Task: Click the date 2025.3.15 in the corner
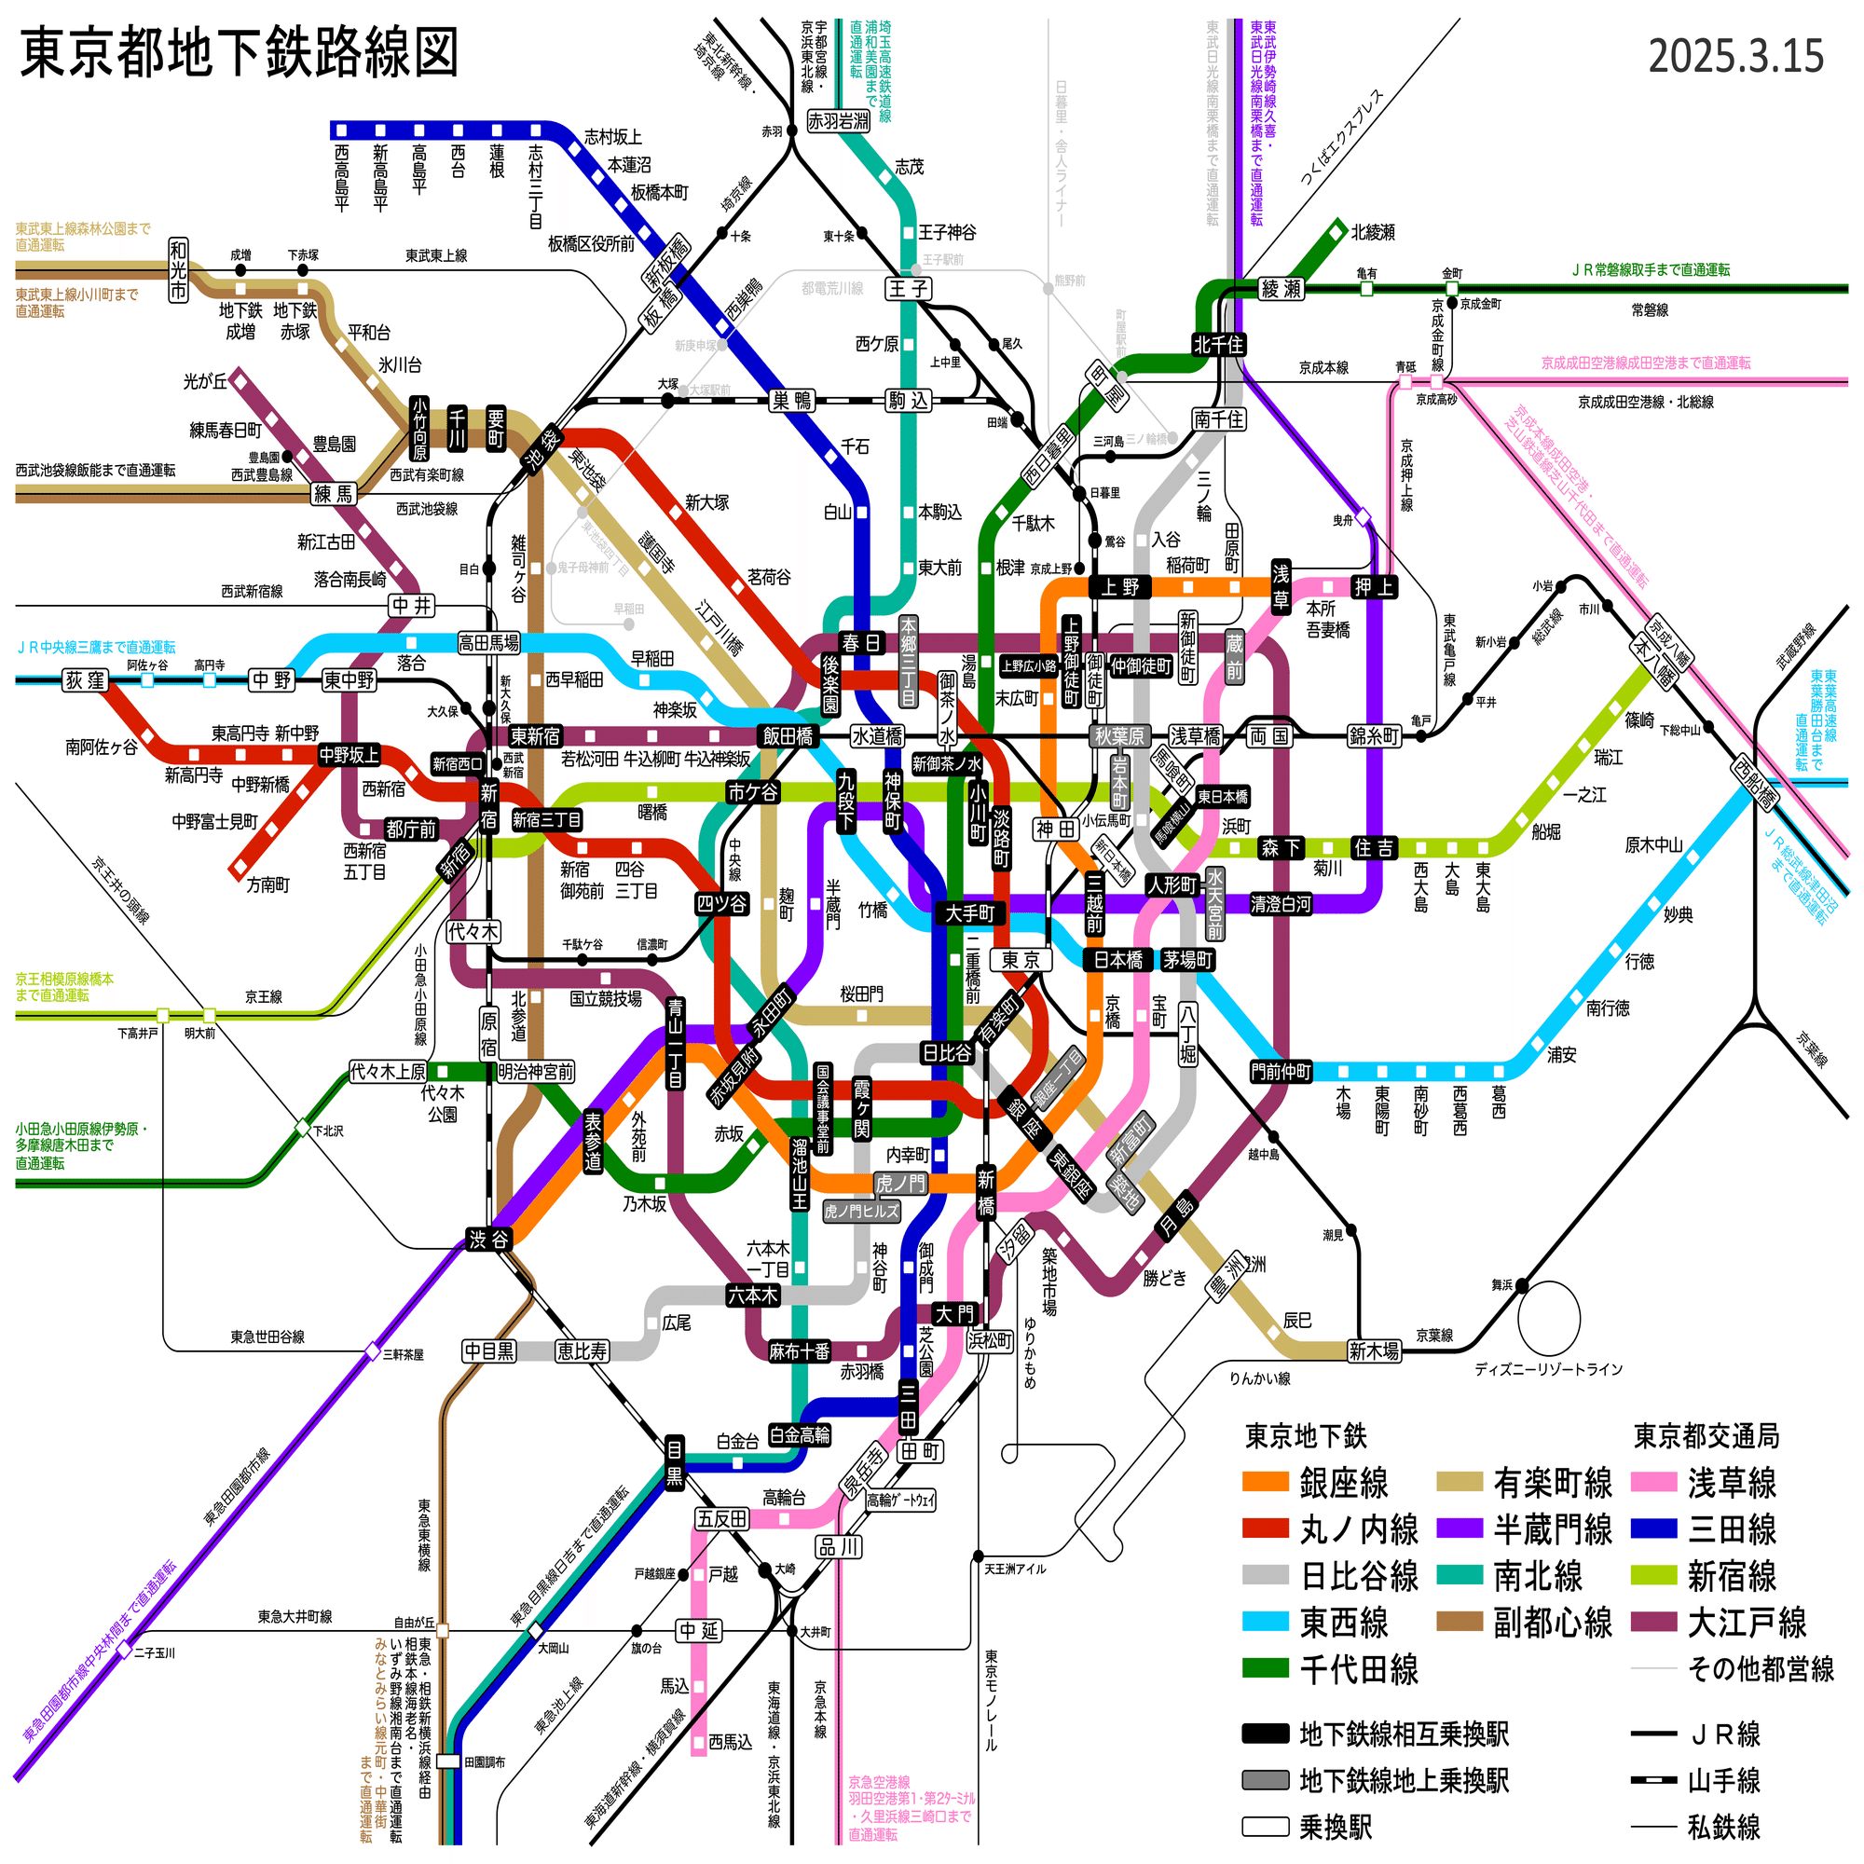coord(1734,56)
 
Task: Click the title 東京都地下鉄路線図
coord(239,52)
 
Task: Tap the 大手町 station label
coord(969,912)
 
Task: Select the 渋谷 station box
coord(488,1240)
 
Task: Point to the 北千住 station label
coord(1218,345)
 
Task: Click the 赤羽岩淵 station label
coord(838,121)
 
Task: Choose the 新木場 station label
coord(1374,1350)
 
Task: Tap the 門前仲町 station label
coord(1281,1072)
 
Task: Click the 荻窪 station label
coord(85,680)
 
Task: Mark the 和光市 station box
coord(179,269)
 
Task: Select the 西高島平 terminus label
coord(341,179)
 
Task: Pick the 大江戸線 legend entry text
coord(1747,1623)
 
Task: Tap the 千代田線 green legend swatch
coord(1265,1669)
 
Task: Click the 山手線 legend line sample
coord(1652,1780)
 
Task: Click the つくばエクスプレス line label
coord(1341,138)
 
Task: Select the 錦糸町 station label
coord(1374,736)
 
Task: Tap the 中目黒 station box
coord(489,1350)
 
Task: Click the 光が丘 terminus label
coord(205,381)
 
